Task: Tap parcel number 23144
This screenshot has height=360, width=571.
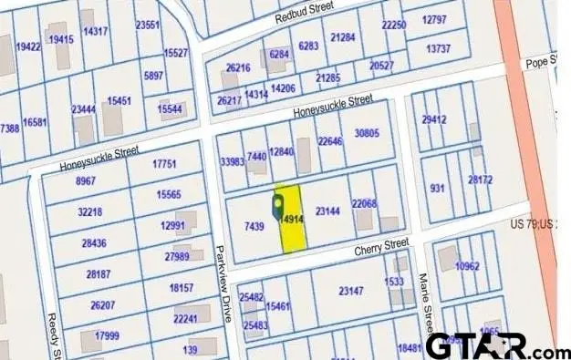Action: [327, 211]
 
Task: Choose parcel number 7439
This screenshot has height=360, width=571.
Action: [254, 226]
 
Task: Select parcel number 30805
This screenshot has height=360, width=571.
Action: [366, 133]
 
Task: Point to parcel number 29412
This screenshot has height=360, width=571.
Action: [433, 119]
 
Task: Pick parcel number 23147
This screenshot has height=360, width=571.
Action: [350, 292]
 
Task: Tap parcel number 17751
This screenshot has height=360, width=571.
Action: [164, 164]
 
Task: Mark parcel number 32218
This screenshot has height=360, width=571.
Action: [90, 211]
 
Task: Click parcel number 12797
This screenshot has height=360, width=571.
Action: [434, 19]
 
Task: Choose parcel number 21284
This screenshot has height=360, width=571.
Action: [343, 37]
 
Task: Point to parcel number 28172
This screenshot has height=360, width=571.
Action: [480, 180]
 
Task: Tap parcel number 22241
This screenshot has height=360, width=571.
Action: [184, 319]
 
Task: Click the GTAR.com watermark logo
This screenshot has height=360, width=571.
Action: [497, 345]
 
